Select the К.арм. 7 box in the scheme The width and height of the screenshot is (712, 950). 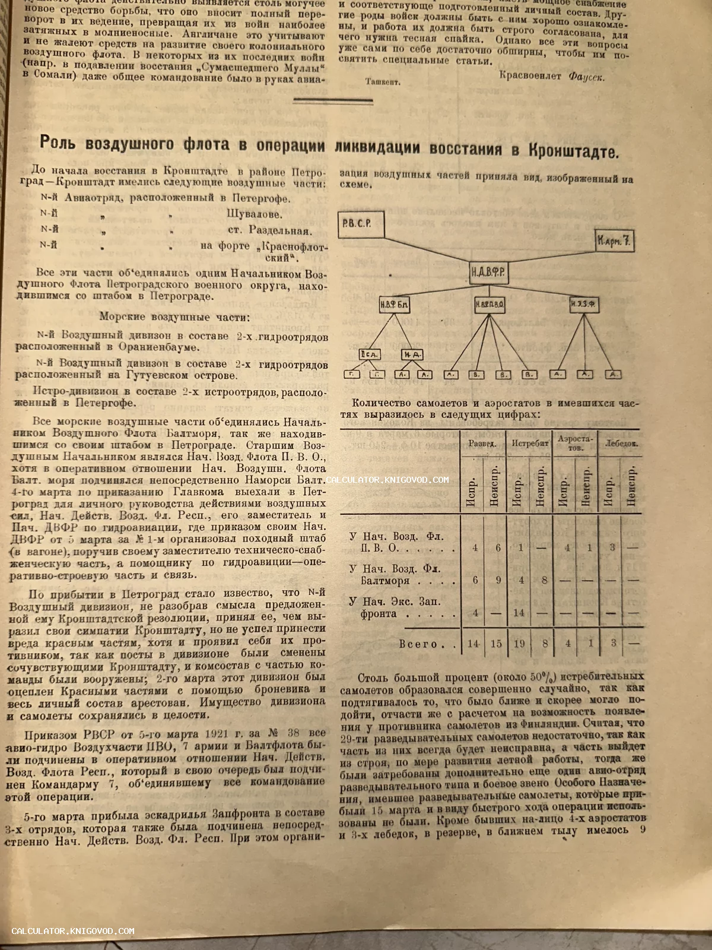coord(614,243)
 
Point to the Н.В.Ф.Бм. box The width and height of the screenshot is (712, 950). coord(395,306)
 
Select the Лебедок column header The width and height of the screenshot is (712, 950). coord(621,444)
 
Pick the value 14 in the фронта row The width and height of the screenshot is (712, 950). coord(520,613)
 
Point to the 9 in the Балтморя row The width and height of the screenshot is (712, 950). coord(497,579)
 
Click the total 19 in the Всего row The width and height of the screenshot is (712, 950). coord(520,644)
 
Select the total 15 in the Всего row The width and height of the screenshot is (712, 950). coord(497,644)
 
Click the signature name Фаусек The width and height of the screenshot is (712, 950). coord(586,77)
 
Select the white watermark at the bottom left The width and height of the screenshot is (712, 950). coord(73,931)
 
